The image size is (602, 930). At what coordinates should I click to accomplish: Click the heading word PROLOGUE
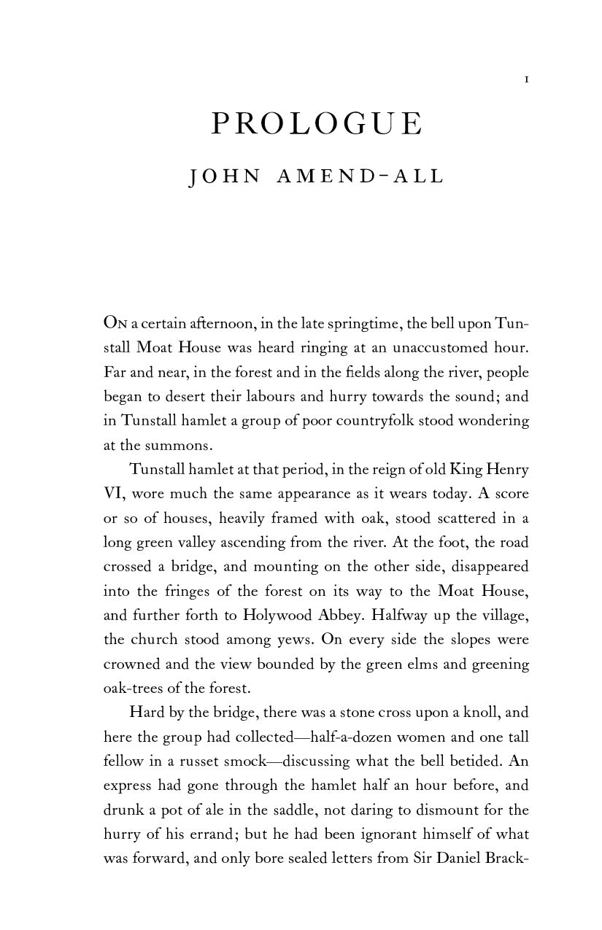(x=316, y=125)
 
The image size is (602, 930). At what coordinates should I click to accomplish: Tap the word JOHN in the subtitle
(x=224, y=177)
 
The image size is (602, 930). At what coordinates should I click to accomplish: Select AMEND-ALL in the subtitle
(x=360, y=177)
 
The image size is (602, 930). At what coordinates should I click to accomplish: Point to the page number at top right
(x=526, y=79)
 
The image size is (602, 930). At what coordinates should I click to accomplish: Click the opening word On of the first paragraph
(x=115, y=322)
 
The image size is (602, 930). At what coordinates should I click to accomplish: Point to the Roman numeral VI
(x=115, y=494)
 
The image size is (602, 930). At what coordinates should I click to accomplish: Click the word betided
(x=474, y=762)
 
